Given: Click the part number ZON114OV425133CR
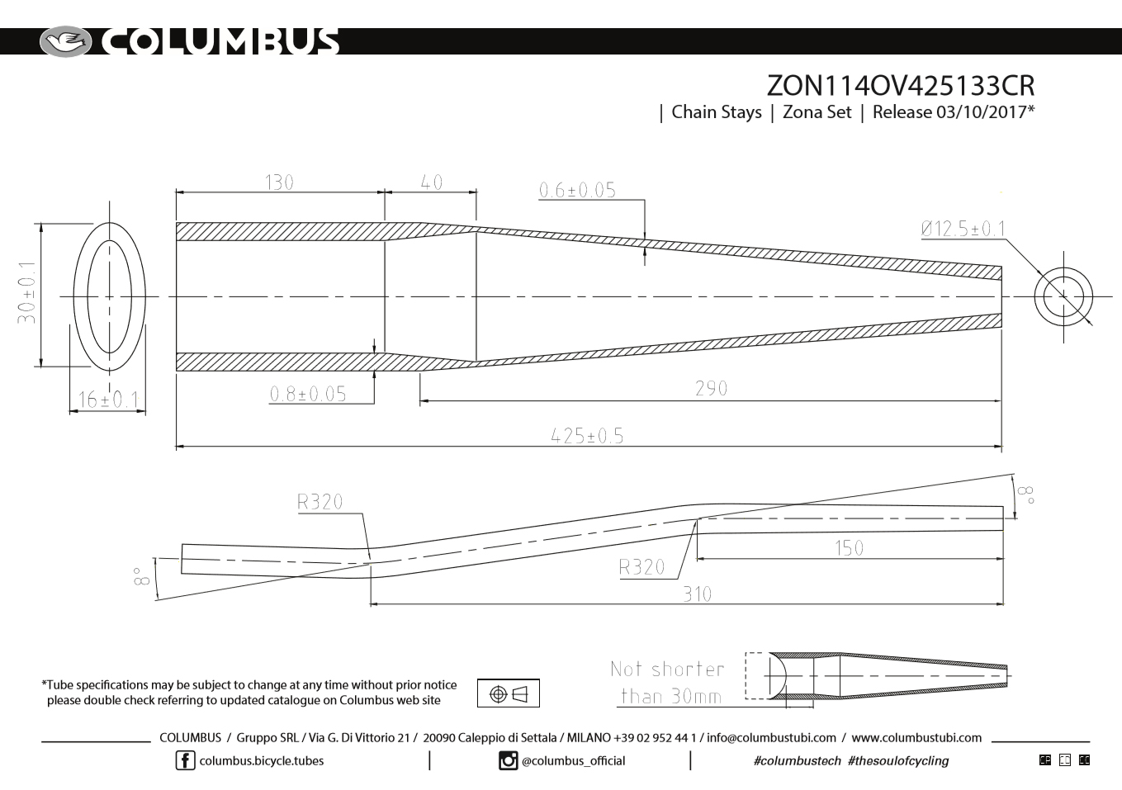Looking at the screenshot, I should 900,86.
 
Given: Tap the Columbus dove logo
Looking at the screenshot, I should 66,41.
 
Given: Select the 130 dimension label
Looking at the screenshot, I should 280,182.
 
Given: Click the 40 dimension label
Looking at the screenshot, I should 432,182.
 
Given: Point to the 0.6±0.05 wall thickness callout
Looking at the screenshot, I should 577,190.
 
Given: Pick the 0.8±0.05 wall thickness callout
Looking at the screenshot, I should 308,394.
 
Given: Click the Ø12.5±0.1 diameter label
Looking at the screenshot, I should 963,229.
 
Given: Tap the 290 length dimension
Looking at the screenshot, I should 711,388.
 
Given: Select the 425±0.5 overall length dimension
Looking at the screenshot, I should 587,435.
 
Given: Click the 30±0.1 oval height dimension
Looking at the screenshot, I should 28,293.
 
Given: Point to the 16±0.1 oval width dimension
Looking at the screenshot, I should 107,400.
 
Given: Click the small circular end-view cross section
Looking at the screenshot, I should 1063,296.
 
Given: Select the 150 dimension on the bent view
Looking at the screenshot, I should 849,547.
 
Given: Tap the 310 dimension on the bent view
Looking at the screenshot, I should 697,594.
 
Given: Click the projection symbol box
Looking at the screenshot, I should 508,693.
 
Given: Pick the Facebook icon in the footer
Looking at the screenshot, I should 185,760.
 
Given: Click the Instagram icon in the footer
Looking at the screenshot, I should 509,760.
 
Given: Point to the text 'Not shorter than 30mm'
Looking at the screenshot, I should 667,683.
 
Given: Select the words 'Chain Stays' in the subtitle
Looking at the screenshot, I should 716,112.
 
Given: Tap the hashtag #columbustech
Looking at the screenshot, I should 798,760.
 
